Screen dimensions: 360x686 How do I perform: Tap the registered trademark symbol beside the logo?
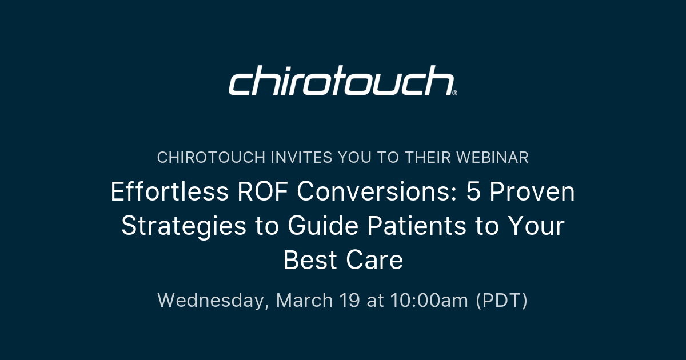(454, 93)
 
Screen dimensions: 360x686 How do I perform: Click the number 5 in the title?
(473, 193)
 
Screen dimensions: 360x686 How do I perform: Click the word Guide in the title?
(322, 226)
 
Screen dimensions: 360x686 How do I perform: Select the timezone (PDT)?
(502, 301)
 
